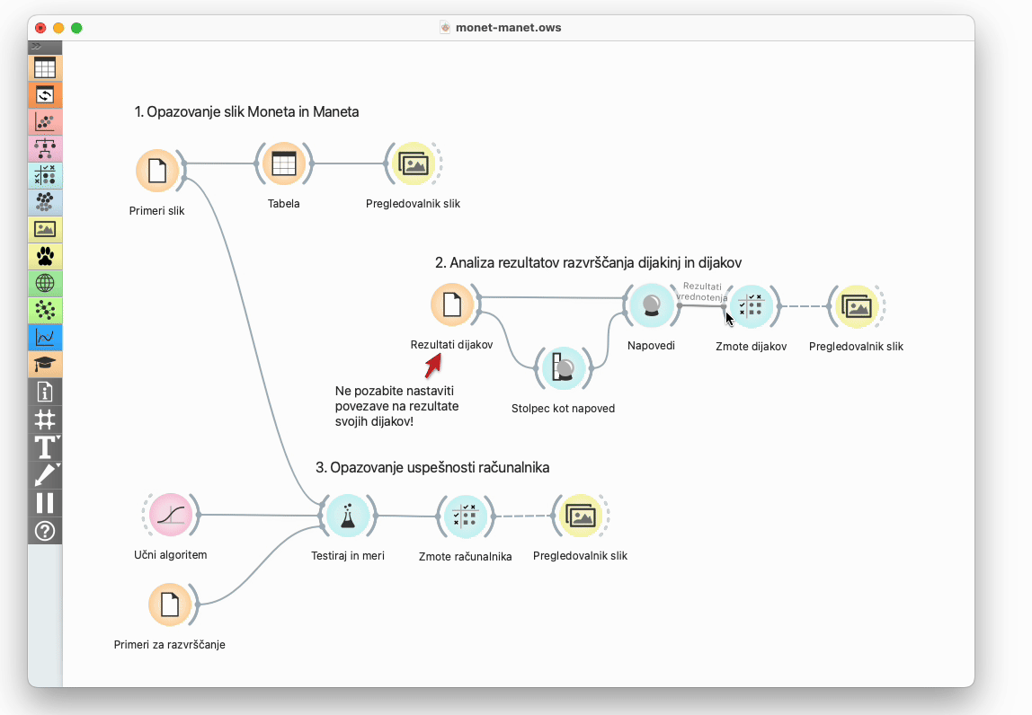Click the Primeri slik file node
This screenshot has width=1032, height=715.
click(x=157, y=171)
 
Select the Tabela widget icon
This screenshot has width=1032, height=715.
click(x=284, y=163)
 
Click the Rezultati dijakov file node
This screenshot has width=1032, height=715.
click(x=452, y=305)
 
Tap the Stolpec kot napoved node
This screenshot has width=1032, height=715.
click(x=564, y=368)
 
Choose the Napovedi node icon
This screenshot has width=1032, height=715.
click(x=651, y=305)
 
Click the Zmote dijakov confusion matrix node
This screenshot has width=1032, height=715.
click(x=751, y=306)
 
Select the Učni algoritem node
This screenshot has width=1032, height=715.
click(x=171, y=515)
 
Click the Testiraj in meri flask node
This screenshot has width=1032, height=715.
click(x=348, y=516)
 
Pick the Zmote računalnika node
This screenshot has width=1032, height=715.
click(x=466, y=516)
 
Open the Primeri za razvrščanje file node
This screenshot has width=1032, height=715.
click(x=170, y=605)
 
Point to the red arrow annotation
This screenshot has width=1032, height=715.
click(x=433, y=366)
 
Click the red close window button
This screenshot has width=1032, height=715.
click(x=40, y=28)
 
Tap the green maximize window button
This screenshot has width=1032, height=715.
click(x=76, y=28)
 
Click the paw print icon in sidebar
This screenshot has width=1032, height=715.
click(x=45, y=256)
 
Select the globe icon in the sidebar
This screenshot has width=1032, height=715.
click(x=45, y=283)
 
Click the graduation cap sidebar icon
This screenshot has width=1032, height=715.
click(x=45, y=364)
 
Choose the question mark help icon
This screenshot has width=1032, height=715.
click(x=45, y=531)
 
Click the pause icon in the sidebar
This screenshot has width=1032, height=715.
click(x=45, y=503)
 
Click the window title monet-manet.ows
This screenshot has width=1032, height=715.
click(x=508, y=28)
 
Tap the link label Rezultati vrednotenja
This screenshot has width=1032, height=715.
click(x=701, y=291)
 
